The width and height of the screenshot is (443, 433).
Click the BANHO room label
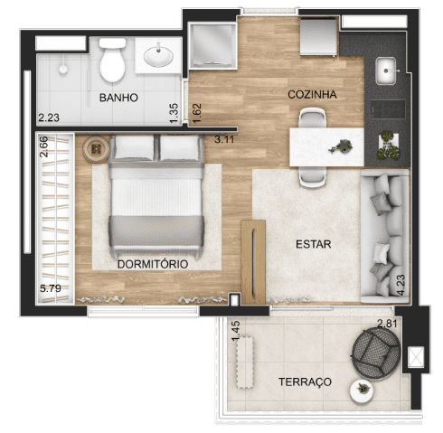click(118, 98)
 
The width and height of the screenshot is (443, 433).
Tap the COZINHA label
click(312, 95)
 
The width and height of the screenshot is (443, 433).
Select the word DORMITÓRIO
click(153, 264)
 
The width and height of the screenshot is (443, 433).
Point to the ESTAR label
click(314, 244)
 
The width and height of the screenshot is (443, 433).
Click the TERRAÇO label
click(305, 382)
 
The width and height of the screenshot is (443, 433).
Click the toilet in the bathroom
click(112, 60)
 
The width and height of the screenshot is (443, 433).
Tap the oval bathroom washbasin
click(158, 55)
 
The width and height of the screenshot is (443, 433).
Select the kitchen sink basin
click(386, 71)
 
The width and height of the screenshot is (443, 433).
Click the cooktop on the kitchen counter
click(388, 109)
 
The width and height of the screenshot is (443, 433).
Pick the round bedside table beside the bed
click(97, 149)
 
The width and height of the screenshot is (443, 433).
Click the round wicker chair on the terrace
click(376, 353)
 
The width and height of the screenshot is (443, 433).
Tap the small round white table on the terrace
click(362, 391)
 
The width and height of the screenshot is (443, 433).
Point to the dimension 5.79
click(51, 288)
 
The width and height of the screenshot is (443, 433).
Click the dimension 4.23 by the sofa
click(401, 285)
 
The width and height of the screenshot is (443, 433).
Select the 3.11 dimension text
click(224, 139)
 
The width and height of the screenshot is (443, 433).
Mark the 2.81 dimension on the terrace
click(387, 324)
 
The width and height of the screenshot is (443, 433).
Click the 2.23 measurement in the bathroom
click(49, 118)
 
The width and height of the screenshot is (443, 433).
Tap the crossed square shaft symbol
click(416, 357)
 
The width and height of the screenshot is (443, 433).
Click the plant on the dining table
click(342, 146)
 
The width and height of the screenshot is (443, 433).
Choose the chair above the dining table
click(312, 118)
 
